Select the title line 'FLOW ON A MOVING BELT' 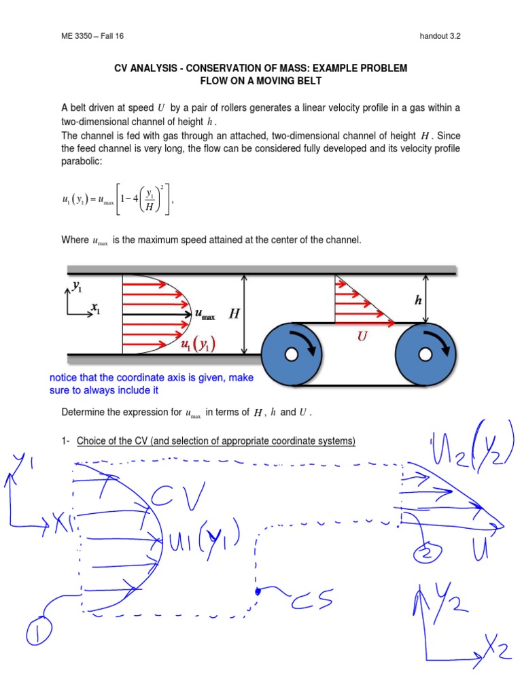point(260,80)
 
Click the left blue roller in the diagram point(290,354)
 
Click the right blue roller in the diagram point(425,354)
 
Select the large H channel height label point(234,313)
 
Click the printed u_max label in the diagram point(205,315)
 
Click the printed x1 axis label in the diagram point(97,309)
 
